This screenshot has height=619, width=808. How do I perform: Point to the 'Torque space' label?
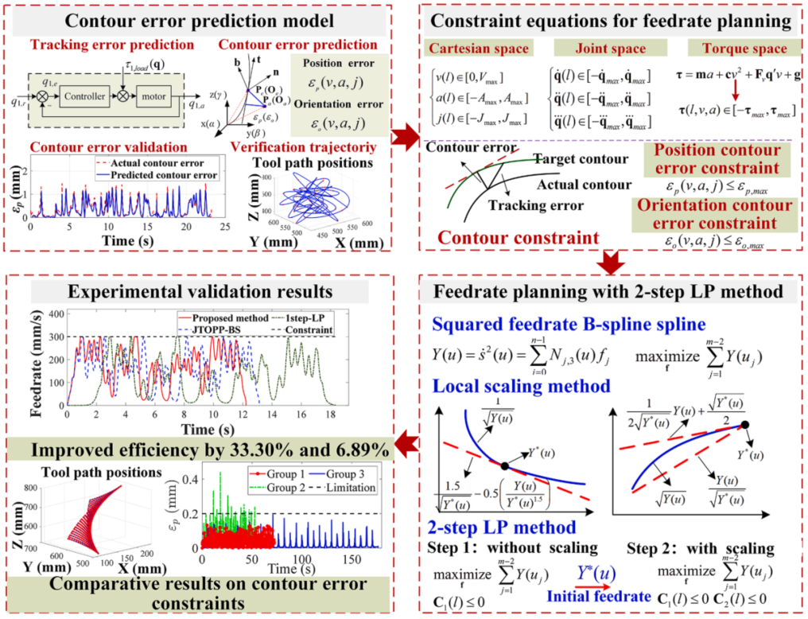pyautogui.click(x=730, y=49)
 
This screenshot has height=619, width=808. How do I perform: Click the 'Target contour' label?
pyautogui.click(x=573, y=160)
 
